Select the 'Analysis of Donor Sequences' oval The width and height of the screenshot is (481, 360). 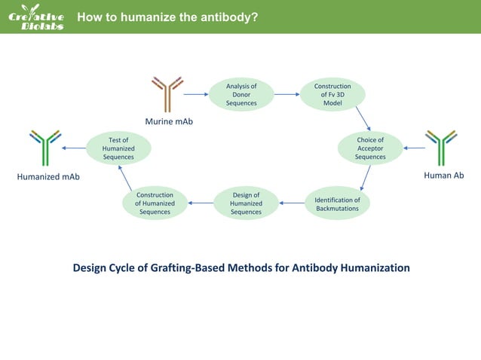241,95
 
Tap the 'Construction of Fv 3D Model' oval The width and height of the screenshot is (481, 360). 332,95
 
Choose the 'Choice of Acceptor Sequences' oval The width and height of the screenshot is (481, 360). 370,148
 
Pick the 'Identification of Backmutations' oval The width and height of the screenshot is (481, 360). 337,203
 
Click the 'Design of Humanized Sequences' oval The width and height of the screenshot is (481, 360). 246,203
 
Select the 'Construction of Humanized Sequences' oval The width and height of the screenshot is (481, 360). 155,203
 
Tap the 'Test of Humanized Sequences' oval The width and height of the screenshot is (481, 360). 118,148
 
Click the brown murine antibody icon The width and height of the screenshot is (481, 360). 167,93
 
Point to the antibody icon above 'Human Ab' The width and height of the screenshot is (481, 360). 441,148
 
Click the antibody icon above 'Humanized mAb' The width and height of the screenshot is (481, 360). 45,148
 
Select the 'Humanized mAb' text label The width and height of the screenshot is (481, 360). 48,177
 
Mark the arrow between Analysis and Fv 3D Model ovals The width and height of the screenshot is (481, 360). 286,95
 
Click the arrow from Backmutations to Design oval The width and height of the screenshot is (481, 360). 291,203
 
